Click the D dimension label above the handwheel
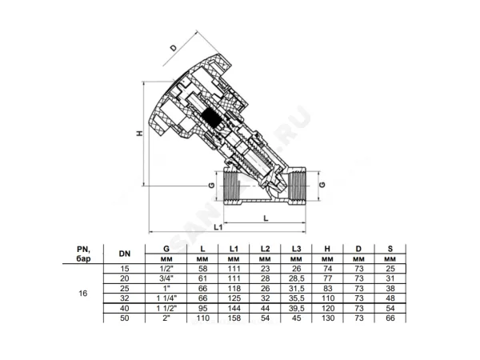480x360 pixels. [x=174, y=48]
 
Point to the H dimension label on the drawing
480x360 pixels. [x=139, y=134]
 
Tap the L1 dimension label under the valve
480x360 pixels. [x=218, y=227]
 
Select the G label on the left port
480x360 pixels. [x=211, y=186]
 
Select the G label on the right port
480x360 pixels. [x=322, y=185]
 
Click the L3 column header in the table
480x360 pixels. [x=296, y=249]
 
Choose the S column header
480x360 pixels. [x=390, y=249]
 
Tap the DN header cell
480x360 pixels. [x=125, y=254]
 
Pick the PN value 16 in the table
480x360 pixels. [x=83, y=294]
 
